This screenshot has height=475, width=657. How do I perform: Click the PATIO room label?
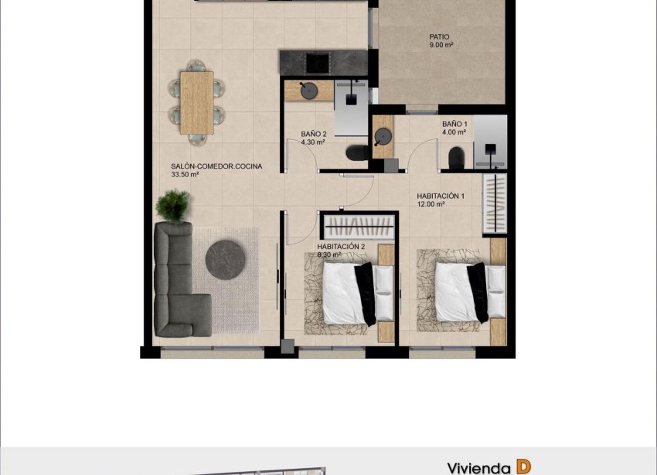(x=439, y=36)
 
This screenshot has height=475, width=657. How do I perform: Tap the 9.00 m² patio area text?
(x=441, y=45)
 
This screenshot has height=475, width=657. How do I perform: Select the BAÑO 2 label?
(x=312, y=134)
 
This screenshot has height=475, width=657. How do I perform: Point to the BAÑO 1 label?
(x=454, y=124)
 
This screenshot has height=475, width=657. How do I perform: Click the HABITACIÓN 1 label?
(x=440, y=196)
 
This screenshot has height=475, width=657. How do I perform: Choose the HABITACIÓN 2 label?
(x=340, y=246)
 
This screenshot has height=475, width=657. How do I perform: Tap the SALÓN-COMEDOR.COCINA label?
(x=216, y=166)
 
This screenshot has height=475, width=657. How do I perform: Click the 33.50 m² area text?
(x=186, y=175)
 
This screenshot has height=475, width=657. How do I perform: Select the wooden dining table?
(x=196, y=103)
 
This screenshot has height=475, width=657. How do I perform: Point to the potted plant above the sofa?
(x=172, y=206)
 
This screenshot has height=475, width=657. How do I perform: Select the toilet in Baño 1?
(x=455, y=158)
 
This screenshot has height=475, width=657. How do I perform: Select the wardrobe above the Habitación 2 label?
(x=359, y=227)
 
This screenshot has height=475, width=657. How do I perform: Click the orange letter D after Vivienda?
(x=523, y=466)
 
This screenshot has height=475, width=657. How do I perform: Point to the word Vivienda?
(x=478, y=467)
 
